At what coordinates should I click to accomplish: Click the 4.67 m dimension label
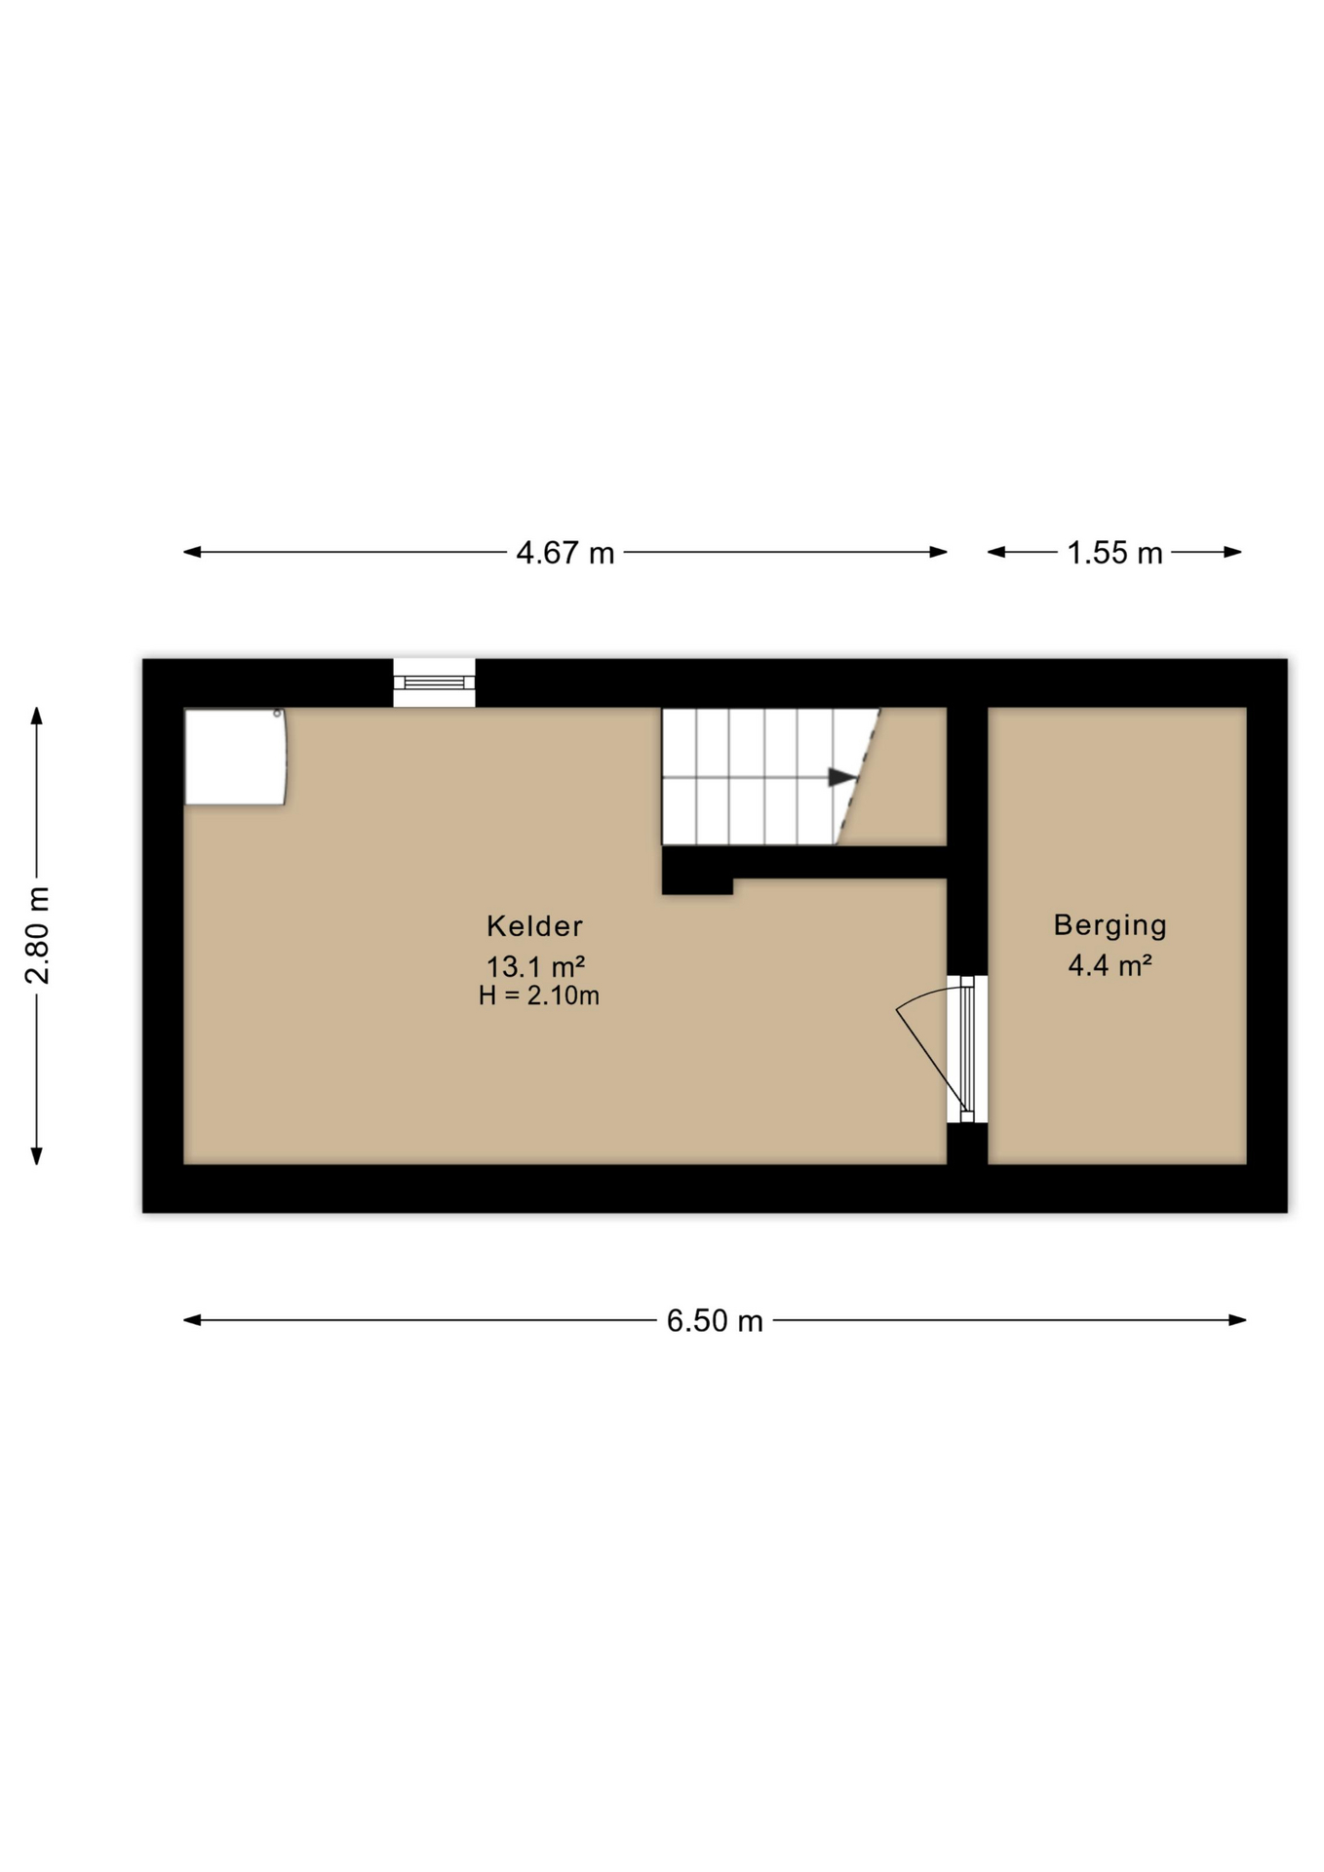tap(565, 553)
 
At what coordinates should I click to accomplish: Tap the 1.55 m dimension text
tap(1114, 553)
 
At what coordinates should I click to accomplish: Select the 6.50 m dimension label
tap(715, 1320)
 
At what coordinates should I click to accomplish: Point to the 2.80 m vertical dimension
tap(38, 936)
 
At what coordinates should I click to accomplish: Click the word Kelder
tap(534, 925)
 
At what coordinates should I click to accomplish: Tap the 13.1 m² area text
tap(535, 966)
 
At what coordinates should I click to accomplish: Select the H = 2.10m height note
tap(538, 995)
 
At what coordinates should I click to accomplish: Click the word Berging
tap(1110, 925)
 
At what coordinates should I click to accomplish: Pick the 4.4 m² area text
tap(1110, 965)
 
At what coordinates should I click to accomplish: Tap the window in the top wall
tap(434, 682)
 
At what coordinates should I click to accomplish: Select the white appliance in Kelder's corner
tap(235, 757)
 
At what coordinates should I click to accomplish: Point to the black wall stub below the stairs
tap(697, 871)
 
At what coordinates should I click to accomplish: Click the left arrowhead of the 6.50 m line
tap(192, 1320)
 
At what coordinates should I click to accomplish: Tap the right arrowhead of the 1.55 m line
tap(1233, 552)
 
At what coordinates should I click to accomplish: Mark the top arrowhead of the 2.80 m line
tap(37, 716)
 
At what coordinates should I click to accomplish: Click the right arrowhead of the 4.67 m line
tap(939, 552)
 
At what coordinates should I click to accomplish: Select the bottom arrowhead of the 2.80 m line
tap(37, 1155)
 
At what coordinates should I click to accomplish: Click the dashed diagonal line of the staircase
tap(858, 777)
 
